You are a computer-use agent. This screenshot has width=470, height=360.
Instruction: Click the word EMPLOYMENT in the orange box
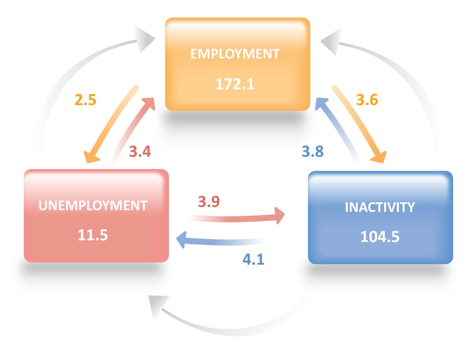[235, 54]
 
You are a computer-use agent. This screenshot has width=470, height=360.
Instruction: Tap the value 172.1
[235, 84]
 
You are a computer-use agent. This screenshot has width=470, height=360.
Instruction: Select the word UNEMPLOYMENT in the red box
[93, 205]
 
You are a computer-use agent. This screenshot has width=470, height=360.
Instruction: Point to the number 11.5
[93, 235]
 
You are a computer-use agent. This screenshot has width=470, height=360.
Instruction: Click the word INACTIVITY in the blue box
[380, 207]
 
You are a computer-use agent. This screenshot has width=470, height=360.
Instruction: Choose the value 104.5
[380, 237]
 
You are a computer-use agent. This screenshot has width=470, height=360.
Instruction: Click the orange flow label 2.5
[85, 100]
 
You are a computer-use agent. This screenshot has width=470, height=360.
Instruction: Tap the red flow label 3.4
[140, 151]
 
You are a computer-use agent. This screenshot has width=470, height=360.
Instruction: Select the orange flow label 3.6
[367, 100]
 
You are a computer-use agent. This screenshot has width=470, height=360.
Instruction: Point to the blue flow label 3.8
[313, 151]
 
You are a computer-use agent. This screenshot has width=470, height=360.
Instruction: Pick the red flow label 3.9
[209, 202]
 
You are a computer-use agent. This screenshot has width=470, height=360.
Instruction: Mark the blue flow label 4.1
[254, 260]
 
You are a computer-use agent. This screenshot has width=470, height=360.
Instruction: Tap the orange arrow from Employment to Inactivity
[359, 124]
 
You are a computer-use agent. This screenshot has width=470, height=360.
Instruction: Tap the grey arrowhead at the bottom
[157, 306]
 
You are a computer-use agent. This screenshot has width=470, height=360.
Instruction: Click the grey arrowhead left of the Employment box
[145, 39]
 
